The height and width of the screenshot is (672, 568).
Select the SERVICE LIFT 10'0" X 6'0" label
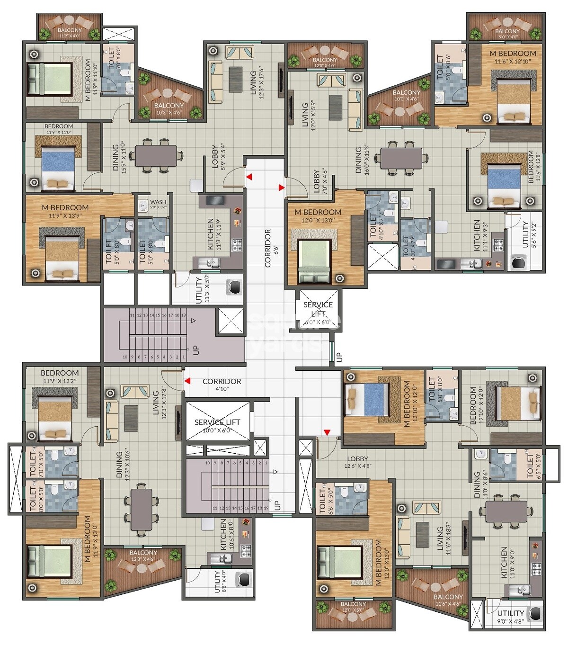pos(217,426)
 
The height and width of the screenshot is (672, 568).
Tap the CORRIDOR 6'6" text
pos(268,248)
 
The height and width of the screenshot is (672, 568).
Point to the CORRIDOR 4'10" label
pos(222,385)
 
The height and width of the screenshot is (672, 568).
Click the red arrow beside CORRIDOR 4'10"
pos(187,381)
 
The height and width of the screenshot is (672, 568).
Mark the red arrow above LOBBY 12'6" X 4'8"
pos(327,432)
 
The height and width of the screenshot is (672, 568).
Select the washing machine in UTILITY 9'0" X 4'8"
pos(535,614)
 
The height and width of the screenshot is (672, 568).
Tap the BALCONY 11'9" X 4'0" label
pos(70,33)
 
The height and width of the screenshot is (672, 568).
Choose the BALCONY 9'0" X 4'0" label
pos(507,34)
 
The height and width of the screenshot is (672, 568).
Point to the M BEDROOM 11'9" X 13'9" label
pos(65,211)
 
